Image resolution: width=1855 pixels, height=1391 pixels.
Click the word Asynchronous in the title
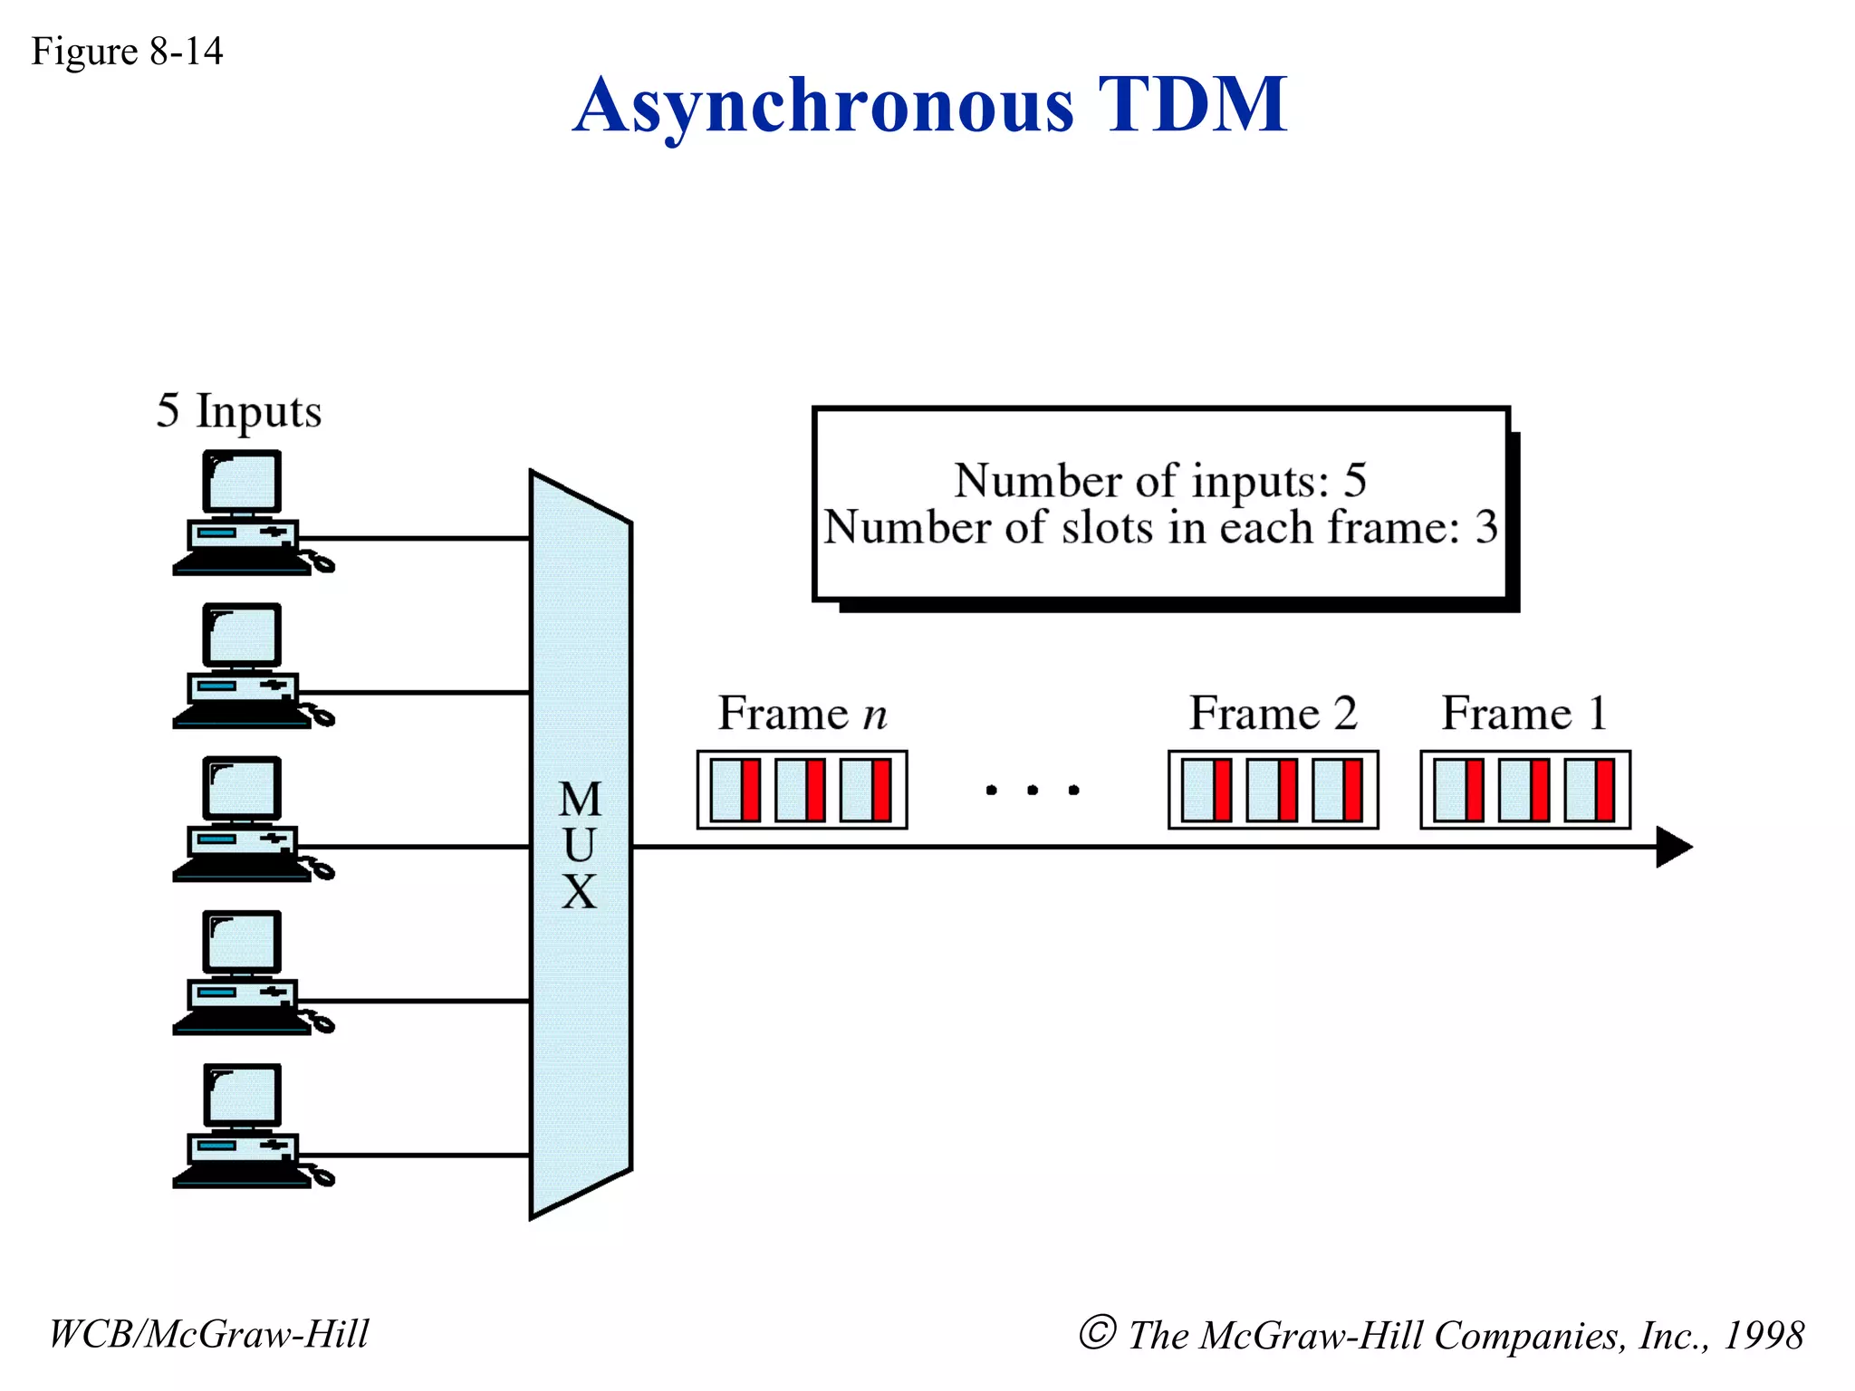coord(822,107)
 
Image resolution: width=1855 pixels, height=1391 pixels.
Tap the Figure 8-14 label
coord(127,51)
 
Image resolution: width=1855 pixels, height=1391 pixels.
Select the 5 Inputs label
coord(239,411)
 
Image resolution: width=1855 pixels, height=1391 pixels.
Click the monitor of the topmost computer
coord(241,483)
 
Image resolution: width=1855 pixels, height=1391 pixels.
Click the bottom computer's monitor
coord(241,1096)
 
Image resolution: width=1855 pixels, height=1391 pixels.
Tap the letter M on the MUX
coord(580,800)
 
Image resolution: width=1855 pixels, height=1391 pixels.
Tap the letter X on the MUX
coord(580,892)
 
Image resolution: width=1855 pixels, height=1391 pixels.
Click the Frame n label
coord(803,713)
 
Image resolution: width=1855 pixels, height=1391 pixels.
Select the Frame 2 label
coord(1273,713)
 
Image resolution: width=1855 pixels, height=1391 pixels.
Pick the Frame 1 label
coord(1524,713)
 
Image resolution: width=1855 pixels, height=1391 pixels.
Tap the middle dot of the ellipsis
coord(1033,791)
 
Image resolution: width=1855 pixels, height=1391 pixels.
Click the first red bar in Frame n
coord(750,790)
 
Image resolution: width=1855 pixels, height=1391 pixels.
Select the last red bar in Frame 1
coord(1604,790)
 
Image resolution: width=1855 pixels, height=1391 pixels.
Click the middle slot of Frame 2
coord(1272,790)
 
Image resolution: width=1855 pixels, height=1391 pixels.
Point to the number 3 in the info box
coord(1485,527)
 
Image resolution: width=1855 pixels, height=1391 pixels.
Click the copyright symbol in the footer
coord(1097,1333)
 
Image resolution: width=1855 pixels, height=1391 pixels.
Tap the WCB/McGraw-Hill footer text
coord(208,1334)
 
